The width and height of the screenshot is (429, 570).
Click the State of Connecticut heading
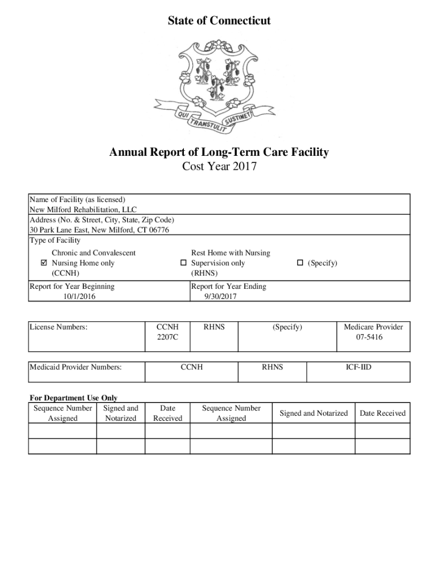click(x=219, y=21)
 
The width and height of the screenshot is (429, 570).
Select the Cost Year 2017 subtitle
click(x=219, y=166)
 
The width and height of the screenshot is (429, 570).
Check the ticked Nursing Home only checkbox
click(x=45, y=263)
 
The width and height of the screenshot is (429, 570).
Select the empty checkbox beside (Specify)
click(x=300, y=263)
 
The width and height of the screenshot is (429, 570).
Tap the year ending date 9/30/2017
click(x=221, y=297)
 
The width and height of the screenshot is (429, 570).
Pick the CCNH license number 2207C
click(x=168, y=337)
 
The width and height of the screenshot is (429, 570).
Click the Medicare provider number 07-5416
click(x=373, y=337)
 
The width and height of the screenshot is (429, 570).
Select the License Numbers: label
click(x=58, y=327)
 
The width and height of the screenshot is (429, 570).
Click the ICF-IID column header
click(x=358, y=367)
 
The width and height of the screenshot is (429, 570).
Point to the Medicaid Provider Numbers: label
click(x=76, y=367)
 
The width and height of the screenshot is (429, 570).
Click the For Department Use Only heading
click(x=74, y=398)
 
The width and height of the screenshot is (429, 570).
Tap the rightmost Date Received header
click(x=383, y=413)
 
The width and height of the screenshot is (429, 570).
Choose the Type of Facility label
click(x=55, y=240)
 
